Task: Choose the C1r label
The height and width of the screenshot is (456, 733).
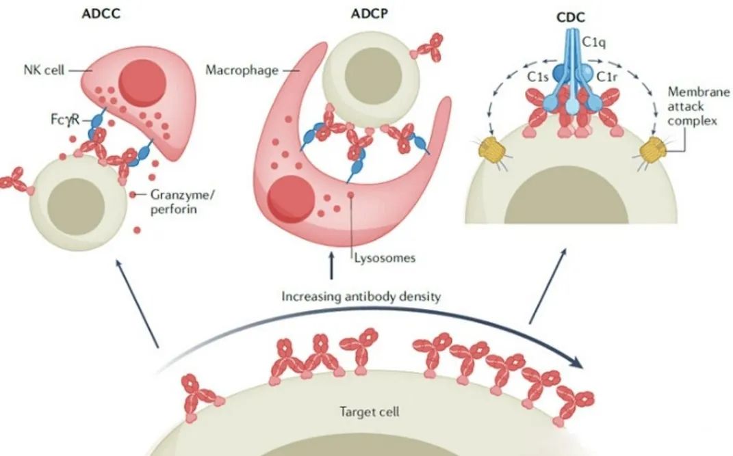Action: coord(608,77)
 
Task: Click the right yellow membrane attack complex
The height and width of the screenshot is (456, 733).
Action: coord(652,145)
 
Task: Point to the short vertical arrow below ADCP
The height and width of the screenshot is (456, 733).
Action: coord(333,265)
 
